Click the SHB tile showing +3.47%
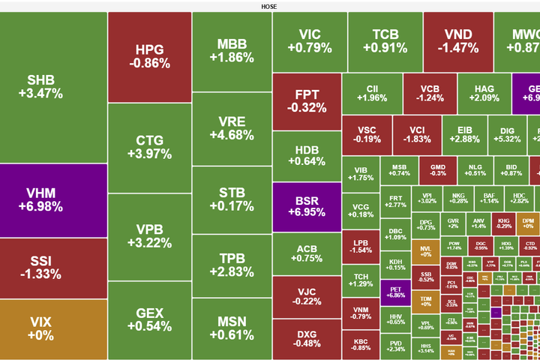(45, 87)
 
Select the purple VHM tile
(45, 199)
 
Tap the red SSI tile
(45, 267)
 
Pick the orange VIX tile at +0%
(45, 328)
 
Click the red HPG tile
(149, 57)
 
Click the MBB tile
(231, 50)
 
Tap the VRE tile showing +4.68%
(231, 128)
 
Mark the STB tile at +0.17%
(231, 199)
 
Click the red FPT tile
(306, 101)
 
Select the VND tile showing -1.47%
(457, 41)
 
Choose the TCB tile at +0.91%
(385, 41)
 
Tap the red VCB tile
(430, 93)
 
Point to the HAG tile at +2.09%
(484, 93)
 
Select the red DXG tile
(306, 338)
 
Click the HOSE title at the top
(269, 6)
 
